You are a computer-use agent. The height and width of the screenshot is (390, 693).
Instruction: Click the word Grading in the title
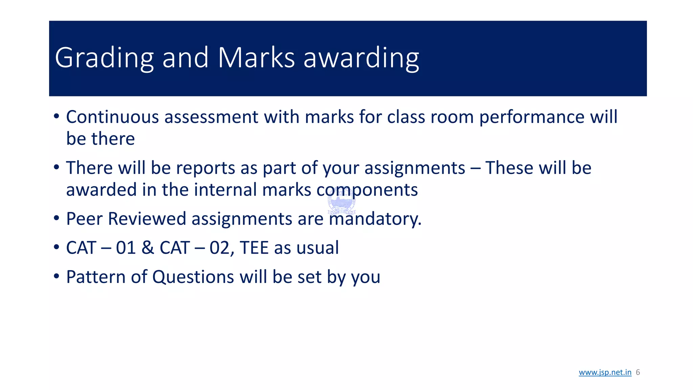click(104, 58)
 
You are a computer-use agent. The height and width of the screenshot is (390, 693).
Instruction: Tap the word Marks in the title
click(256, 58)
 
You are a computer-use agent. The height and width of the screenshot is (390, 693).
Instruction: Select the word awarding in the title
click(361, 58)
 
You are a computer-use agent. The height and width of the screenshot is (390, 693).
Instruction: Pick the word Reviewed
click(147, 219)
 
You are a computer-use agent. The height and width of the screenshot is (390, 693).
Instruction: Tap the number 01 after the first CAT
click(126, 248)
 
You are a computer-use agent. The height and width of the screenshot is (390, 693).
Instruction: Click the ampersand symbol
click(148, 248)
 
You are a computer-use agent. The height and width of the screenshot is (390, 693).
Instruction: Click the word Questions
click(193, 277)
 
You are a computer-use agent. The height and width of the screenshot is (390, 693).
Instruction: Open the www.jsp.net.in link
click(605, 372)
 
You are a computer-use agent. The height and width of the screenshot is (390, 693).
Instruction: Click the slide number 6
click(638, 372)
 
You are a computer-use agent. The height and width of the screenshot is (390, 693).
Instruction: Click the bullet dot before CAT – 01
click(57, 247)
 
